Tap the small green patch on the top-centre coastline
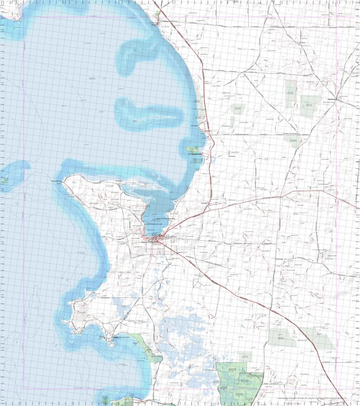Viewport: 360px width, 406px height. click(157, 14)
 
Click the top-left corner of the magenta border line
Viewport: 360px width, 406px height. click(23, 18)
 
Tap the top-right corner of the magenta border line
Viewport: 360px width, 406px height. click(336, 18)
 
